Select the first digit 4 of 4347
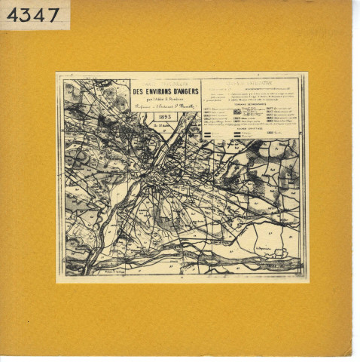pyautogui.click(x=14, y=14)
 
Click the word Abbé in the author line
pyautogui.click(x=155, y=99)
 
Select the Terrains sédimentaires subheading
pyautogui.click(x=253, y=103)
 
